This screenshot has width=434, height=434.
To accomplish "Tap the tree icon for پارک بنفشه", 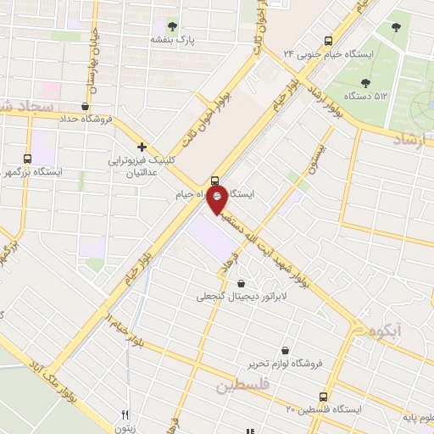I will click(173, 26).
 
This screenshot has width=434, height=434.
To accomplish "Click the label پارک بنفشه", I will click(173, 40).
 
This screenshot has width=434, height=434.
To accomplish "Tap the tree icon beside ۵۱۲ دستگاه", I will click(365, 83).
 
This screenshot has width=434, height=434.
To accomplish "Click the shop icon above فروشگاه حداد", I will click(85, 107).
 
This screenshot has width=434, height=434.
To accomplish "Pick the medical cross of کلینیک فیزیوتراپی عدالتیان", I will click(142, 146).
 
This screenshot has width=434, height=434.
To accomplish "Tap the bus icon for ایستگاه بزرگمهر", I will click(29, 158).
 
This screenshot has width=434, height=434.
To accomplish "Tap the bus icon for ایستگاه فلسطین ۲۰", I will click(323, 397).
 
